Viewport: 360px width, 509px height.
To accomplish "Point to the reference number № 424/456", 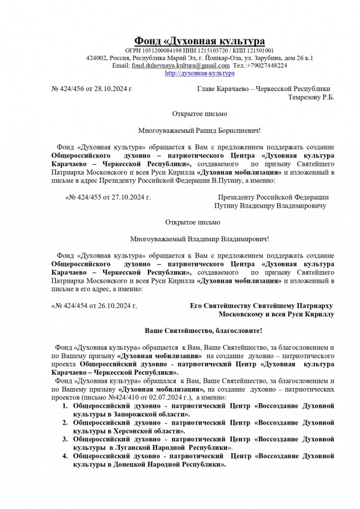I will (x=68, y=88).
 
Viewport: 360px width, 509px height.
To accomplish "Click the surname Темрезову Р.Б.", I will (x=311, y=96).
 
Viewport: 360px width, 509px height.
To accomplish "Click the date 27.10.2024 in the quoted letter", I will (x=123, y=196).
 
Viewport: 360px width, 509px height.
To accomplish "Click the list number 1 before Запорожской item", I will (x=65, y=405).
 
